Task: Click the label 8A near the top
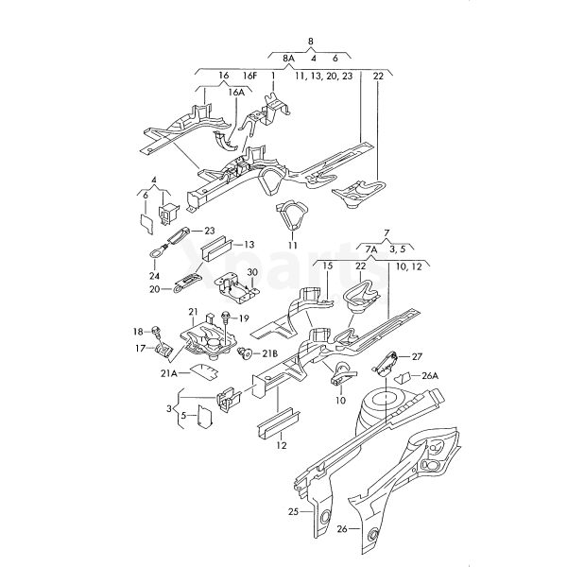[x=289, y=59]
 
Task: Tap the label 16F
[x=249, y=75]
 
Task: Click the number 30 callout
[x=252, y=272]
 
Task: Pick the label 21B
[x=269, y=353]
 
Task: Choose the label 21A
[x=168, y=373]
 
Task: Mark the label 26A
[x=430, y=375]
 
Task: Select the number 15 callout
[x=328, y=267]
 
